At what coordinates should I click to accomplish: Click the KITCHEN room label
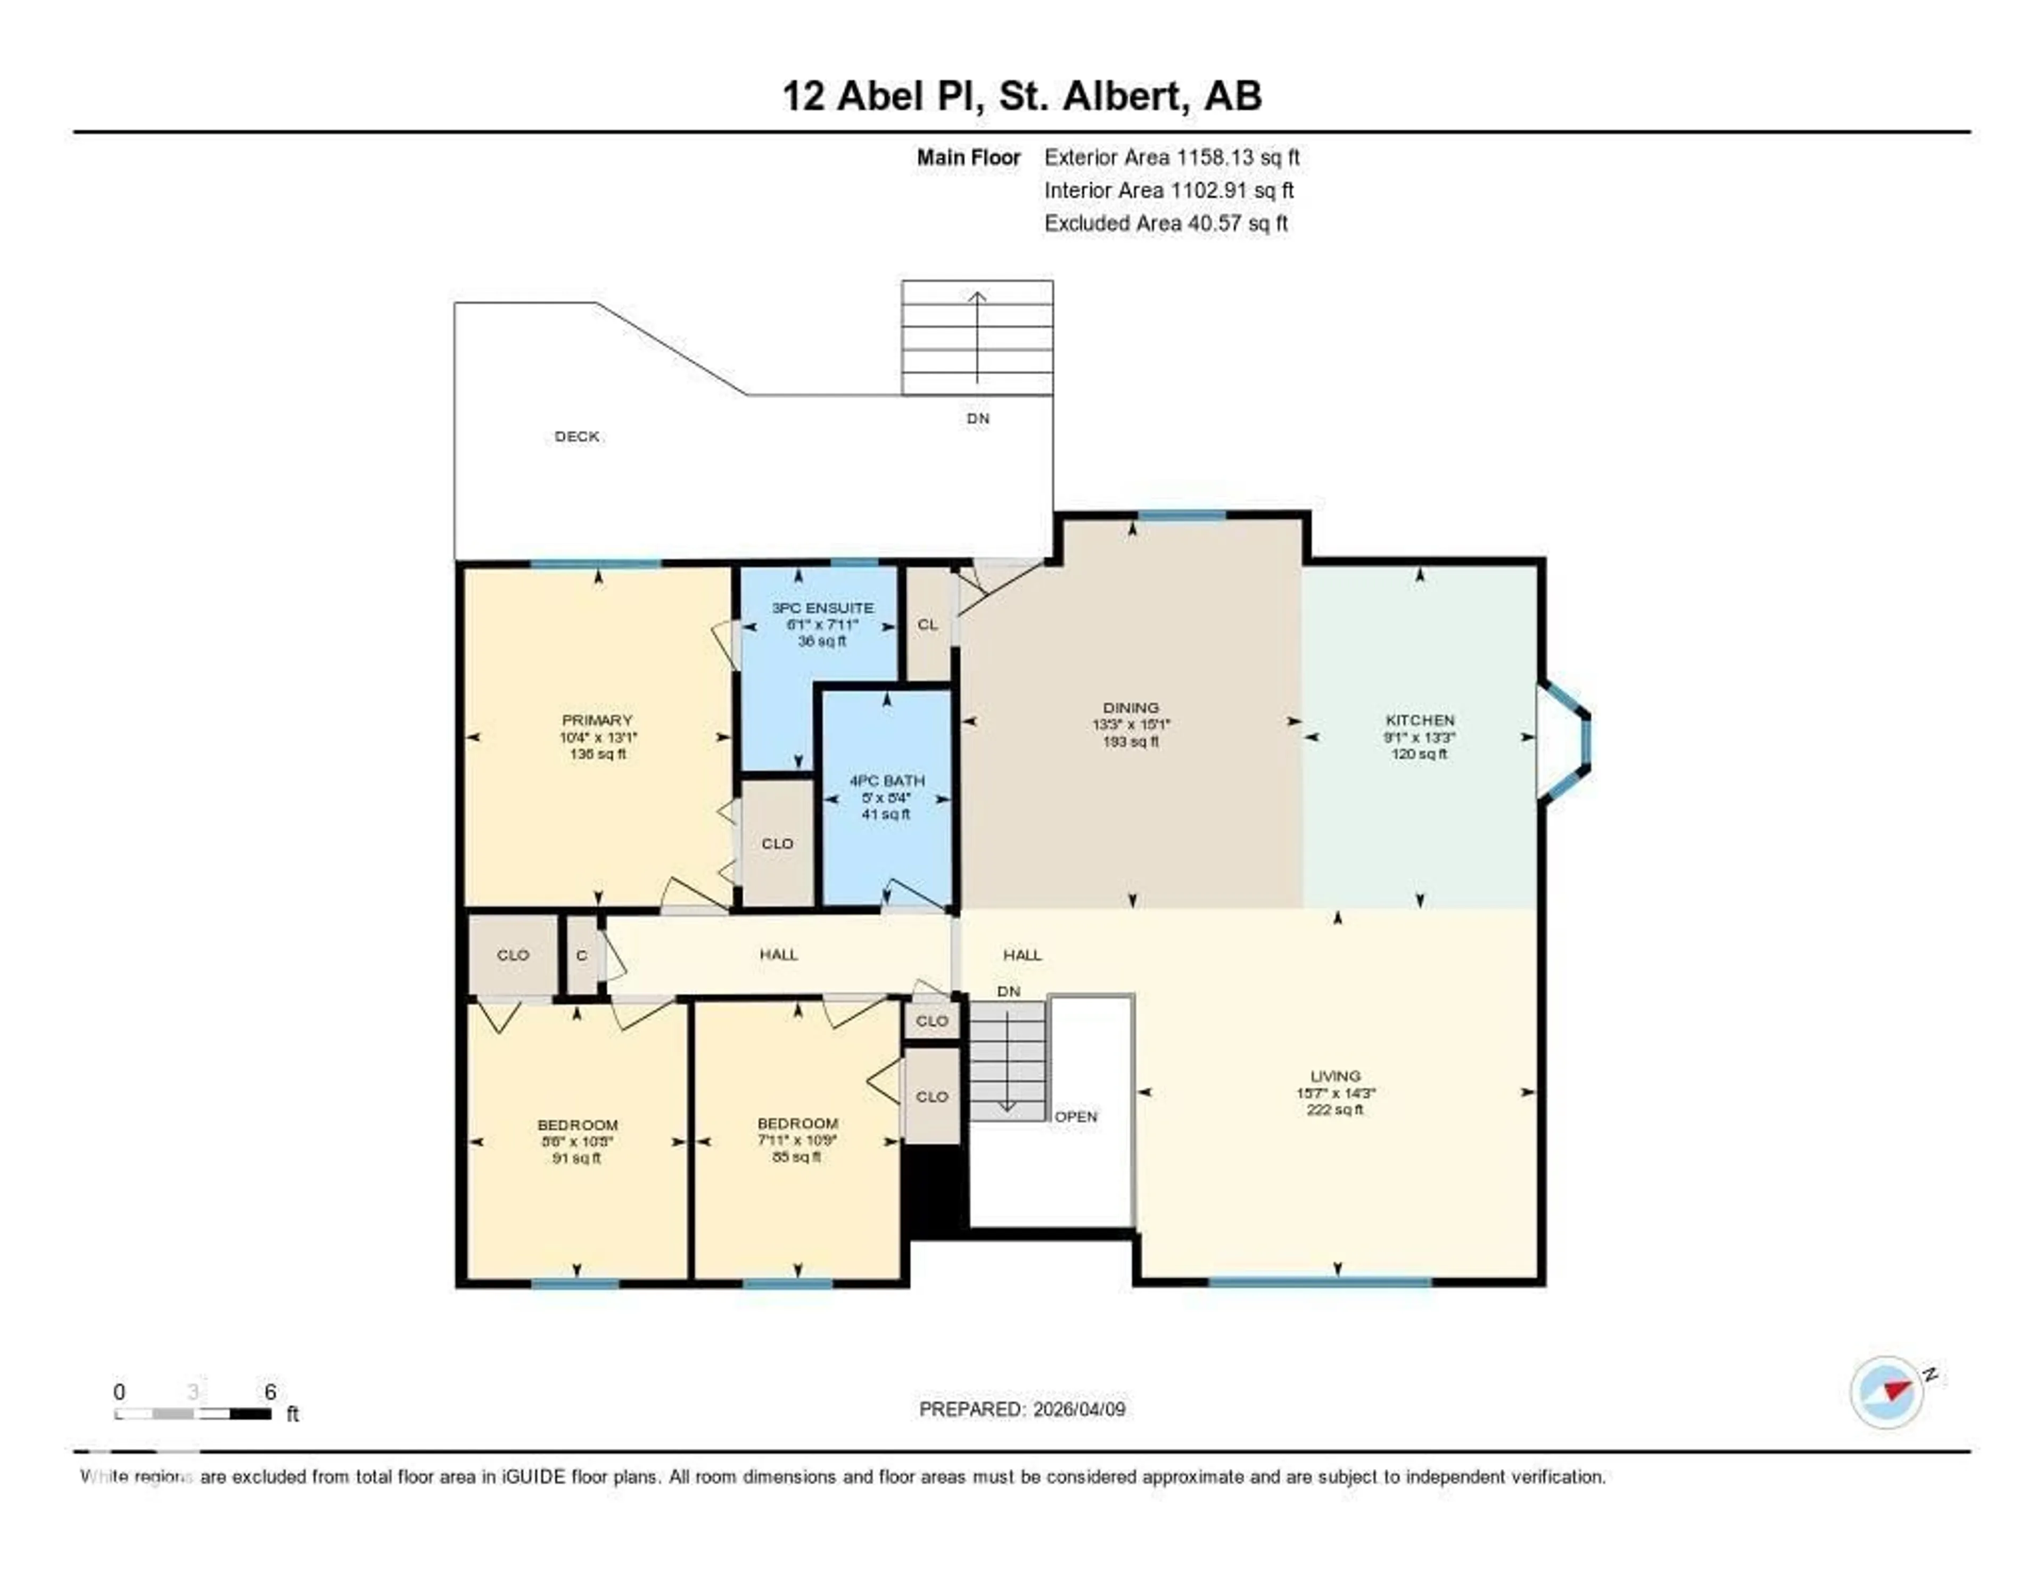1420,720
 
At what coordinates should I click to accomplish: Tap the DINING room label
1131,708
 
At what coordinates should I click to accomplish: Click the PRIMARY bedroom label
597,720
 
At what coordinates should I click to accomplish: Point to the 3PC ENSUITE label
822,607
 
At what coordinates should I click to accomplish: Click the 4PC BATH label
886,780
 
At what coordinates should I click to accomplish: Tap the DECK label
576,436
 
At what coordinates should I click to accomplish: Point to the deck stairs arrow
977,337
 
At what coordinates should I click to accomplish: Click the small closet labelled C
582,955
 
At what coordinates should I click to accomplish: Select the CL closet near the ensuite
927,624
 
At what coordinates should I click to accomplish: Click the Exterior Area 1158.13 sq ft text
1172,157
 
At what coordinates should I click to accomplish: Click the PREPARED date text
1022,1409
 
